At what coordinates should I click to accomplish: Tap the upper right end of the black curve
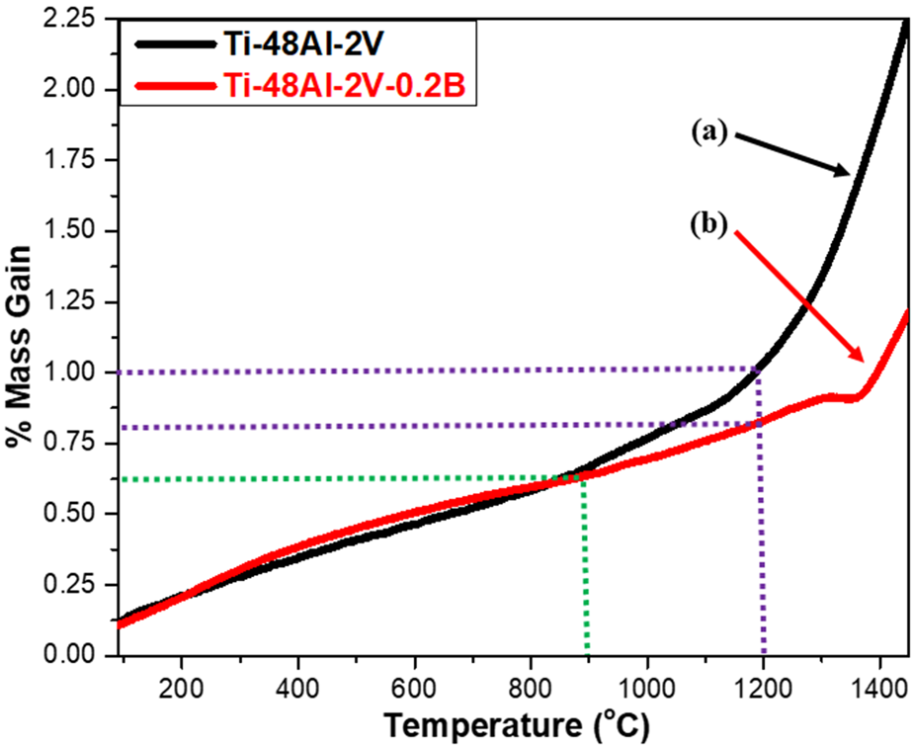pos(905,22)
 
